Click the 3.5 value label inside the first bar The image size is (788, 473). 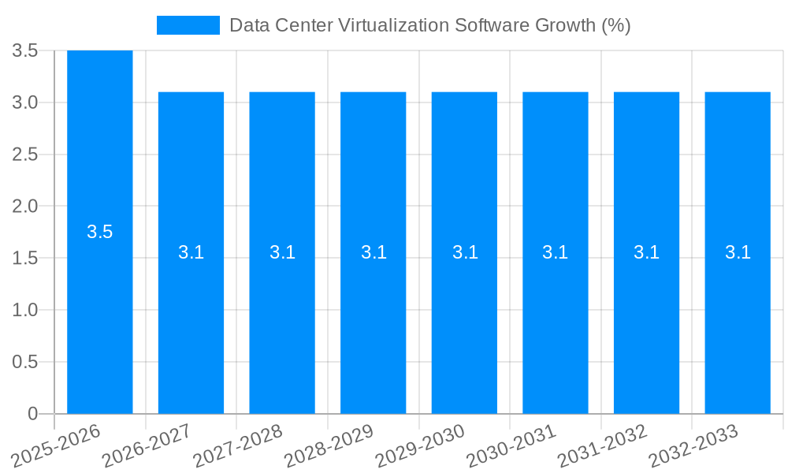(x=100, y=232)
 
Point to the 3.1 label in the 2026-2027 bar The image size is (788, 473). (x=191, y=252)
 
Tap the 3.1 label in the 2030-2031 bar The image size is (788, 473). (x=556, y=252)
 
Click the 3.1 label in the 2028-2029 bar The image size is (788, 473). (x=374, y=252)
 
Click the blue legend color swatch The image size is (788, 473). (x=188, y=25)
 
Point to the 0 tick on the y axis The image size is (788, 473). (x=32, y=414)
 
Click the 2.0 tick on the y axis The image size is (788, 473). (x=25, y=207)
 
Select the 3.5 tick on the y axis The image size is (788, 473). (x=25, y=51)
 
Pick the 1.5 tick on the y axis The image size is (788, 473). (x=25, y=259)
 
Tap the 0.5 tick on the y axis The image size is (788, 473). (x=25, y=362)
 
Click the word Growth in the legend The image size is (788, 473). (x=566, y=25)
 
